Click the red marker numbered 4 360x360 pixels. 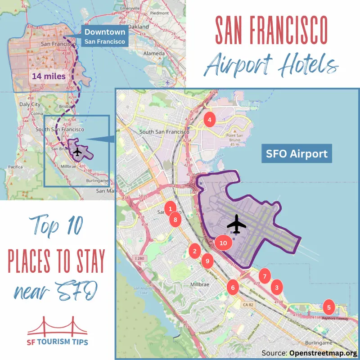[x=209, y=119]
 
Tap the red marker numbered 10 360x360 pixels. [x=223, y=243]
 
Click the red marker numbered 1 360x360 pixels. [x=170, y=208]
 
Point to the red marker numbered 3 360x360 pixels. [x=277, y=287]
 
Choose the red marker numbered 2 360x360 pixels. [x=194, y=251]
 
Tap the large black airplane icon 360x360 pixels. [x=237, y=224]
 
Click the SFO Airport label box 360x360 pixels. [x=297, y=153]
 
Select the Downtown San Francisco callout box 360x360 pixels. [x=105, y=36]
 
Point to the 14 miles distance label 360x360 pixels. [x=48, y=76]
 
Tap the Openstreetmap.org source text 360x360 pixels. [x=324, y=353]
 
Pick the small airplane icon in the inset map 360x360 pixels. [x=77, y=152]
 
